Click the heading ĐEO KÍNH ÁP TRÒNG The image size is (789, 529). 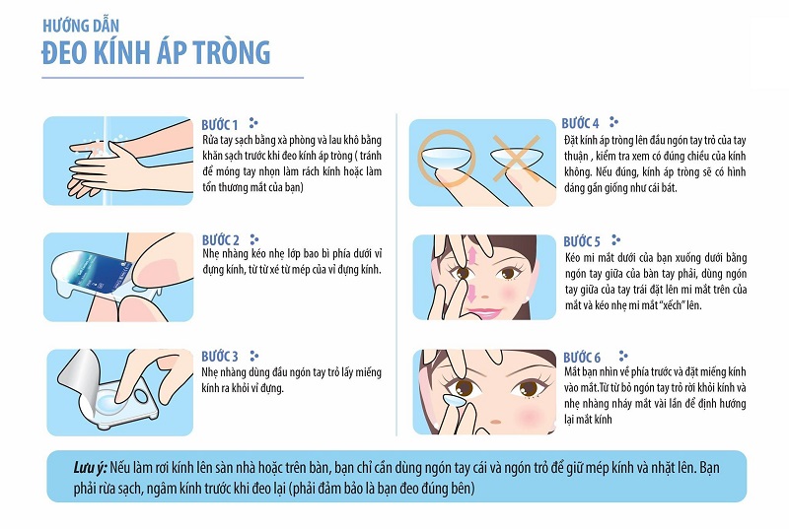click(x=156, y=51)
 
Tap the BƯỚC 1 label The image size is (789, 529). click(x=219, y=125)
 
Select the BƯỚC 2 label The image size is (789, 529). click(x=220, y=240)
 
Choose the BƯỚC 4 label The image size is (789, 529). click(x=581, y=123)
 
